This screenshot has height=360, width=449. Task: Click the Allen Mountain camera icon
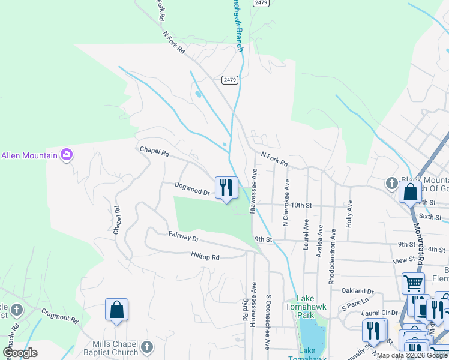click(67, 155)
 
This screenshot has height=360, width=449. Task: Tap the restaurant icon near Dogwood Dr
click(226, 187)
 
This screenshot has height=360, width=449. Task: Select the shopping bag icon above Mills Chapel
click(117, 310)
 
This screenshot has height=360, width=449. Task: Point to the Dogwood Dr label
click(192, 189)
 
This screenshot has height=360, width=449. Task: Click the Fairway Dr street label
click(183, 237)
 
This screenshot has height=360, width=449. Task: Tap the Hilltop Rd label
click(205, 257)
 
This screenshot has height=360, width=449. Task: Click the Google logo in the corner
click(20, 352)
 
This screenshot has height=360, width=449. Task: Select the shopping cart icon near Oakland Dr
click(412, 283)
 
